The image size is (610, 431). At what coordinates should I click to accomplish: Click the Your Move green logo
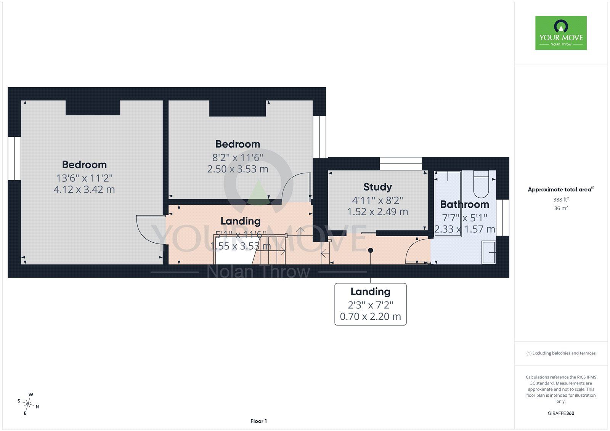coord(561,33)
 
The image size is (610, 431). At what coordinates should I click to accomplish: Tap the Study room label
coord(377,187)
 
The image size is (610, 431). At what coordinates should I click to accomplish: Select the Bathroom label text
coord(465,204)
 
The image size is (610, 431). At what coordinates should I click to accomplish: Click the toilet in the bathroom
coord(481,184)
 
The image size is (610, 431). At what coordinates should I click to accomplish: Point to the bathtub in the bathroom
coord(448,203)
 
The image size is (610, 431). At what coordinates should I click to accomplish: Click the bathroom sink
coord(488,252)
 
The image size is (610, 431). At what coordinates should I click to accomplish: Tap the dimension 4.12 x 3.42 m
coord(84,189)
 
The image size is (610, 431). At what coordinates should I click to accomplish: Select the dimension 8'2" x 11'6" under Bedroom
coord(238,157)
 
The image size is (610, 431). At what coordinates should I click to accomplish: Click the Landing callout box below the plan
coord(370,304)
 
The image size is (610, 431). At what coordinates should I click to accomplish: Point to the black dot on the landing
coord(370,250)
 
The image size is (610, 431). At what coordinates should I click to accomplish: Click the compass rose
coord(28,404)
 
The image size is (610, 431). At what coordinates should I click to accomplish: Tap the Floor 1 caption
coord(258,421)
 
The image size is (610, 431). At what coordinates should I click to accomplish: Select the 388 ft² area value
coord(561,200)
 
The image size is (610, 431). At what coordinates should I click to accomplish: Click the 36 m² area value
coord(561,208)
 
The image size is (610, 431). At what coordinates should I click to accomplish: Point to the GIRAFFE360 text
coord(561,413)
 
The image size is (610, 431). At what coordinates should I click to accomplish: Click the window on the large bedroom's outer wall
coord(14,159)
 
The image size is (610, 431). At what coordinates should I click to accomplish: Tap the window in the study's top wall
coord(401,163)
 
